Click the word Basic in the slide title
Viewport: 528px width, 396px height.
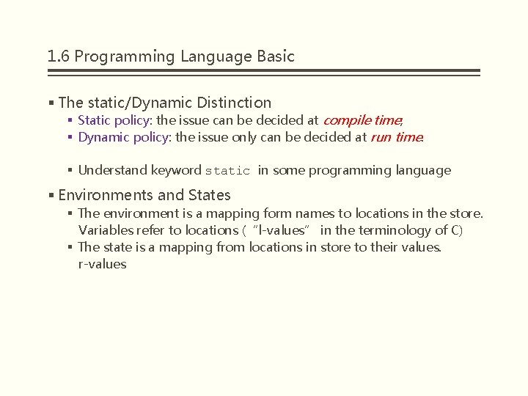pyautogui.click(x=276, y=56)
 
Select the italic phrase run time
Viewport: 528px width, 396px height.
pyautogui.click(x=396, y=137)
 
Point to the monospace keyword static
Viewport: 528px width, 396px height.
pyautogui.click(x=227, y=171)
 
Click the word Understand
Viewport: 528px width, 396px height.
pyautogui.click(x=113, y=170)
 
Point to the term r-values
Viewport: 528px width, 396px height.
pyautogui.click(x=102, y=264)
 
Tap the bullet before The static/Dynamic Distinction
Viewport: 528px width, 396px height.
pyautogui.click(x=51, y=103)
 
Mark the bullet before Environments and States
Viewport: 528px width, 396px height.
pyautogui.click(x=51, y=195)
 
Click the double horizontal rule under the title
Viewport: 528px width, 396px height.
pyautogui.click(x=263, y=73)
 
